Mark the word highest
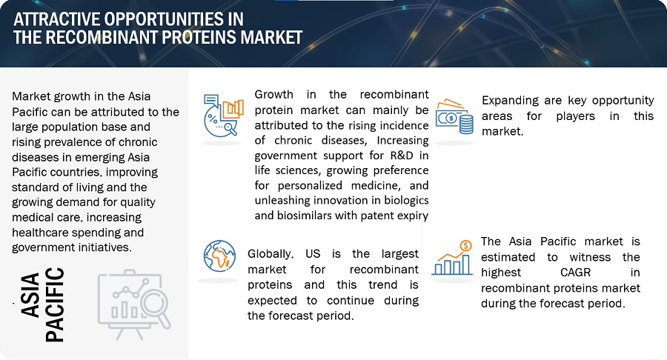(x=505, y=273)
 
